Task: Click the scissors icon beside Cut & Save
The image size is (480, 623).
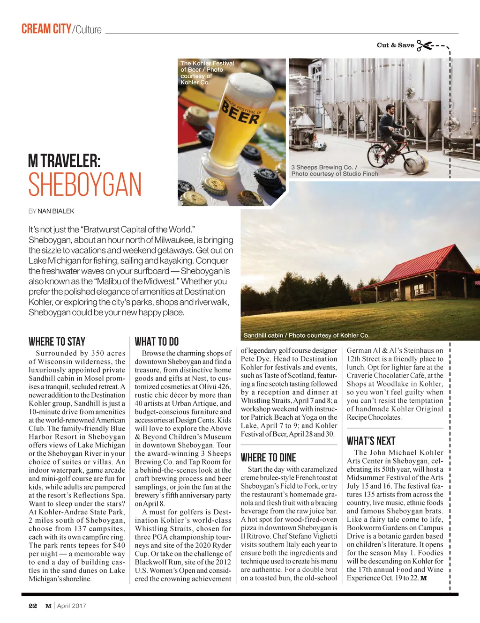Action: [x=424, y=45]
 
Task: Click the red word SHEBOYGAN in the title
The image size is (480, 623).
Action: [x=85, y=185]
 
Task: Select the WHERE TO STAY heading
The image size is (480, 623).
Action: [x=57, y=341]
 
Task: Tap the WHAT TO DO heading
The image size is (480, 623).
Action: [x=157, y=341]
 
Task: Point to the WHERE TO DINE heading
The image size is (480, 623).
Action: [x=268, y=458]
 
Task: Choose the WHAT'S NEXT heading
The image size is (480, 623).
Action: [x=371, y=441]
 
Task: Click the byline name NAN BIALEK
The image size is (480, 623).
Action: [x=56, y=211]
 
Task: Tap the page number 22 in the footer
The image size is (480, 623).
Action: [x=33, y=606]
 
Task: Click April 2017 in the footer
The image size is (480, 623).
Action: [x=72, y=606]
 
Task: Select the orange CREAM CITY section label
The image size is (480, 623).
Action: [x=46, y=29]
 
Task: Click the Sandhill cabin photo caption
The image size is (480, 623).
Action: [x=306, y=335]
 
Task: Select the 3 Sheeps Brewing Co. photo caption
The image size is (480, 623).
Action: [x=334, y=171]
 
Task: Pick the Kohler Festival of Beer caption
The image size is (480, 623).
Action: [x=207, y=73]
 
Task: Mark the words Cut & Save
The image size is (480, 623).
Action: [x=395, y=45]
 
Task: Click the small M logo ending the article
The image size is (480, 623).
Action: [x=424, y=578]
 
